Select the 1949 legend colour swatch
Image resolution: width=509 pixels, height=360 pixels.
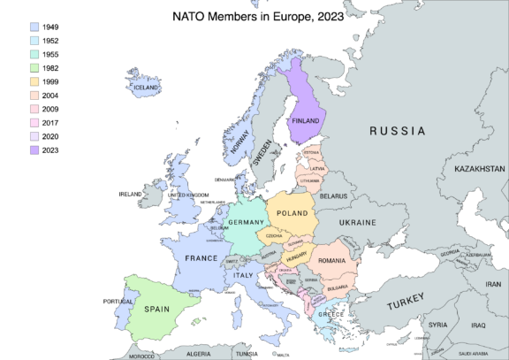33,28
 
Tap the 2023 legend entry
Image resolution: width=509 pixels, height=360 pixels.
49,150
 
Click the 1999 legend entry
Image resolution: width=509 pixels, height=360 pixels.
49,82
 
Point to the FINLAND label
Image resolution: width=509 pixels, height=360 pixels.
305,120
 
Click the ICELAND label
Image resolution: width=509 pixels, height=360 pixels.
146,88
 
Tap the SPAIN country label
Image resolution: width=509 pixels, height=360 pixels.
156,310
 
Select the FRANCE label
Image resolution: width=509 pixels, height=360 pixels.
201,258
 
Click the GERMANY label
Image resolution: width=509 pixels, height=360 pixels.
247,222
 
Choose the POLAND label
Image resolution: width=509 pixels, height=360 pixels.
292,213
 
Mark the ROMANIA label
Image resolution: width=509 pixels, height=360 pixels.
332,261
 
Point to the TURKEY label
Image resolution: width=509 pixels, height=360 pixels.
406,303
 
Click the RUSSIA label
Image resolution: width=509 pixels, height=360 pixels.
397,131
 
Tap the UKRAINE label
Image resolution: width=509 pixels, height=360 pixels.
358,222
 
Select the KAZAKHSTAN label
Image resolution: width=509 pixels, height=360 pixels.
479,168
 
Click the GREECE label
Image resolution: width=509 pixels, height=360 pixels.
330,315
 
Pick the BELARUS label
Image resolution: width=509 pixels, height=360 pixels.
333,195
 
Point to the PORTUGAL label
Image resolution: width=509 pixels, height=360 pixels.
118,302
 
